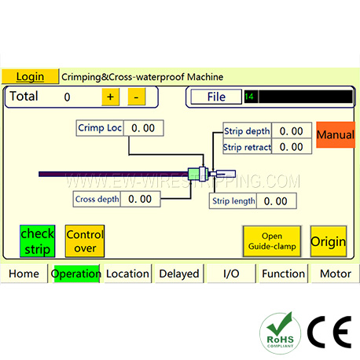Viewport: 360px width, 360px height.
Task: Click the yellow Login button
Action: point(30,76)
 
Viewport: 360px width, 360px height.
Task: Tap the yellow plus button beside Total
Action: point(110,97)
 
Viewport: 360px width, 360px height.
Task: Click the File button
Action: point(216,97)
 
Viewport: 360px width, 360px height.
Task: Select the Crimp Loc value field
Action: point(144,128)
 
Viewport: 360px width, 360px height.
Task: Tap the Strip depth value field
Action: point(292,130)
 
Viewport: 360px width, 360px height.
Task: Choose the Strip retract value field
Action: point(292,146)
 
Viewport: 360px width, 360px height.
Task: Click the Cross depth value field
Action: point(140,200)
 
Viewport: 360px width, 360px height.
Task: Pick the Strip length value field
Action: point(277,201)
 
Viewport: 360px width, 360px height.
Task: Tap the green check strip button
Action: point(38,241)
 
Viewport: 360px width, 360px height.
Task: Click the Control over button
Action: point(85,241)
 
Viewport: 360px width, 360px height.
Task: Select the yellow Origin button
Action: point(329,241)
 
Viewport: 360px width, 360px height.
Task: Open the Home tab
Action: point(24,274)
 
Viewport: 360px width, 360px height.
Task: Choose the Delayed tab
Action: point(179,274)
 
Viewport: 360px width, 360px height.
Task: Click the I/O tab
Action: point(231,274)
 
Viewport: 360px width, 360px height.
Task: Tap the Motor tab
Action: point(336,274)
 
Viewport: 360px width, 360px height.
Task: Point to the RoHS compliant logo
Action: point(280,333)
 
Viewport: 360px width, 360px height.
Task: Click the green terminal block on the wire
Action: point(194,174)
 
